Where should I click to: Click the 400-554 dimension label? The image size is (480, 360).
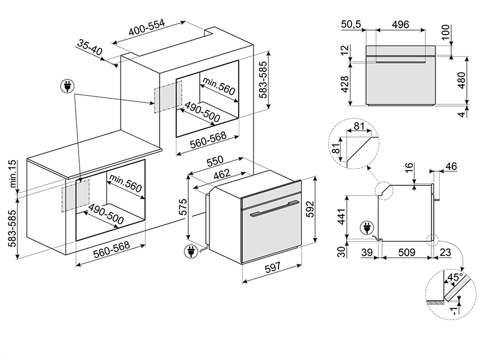146,28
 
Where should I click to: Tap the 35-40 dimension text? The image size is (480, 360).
89,47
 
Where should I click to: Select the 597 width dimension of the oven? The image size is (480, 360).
272,267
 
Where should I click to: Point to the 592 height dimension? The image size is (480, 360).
310,209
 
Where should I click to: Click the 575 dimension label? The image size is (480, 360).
183,207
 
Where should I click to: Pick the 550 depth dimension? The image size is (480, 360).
215,161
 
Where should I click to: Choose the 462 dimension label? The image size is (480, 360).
221,175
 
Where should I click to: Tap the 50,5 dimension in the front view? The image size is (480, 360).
351,24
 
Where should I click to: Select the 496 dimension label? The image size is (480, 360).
400,24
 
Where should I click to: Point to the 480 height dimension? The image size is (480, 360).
461,80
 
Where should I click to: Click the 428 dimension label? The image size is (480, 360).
344,84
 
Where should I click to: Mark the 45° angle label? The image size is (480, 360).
455,277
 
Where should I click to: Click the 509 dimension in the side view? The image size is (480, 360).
407,252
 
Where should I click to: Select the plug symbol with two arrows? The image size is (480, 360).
67,86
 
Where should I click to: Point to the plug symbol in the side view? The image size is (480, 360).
367,228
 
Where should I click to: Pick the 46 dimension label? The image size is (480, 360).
451,167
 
